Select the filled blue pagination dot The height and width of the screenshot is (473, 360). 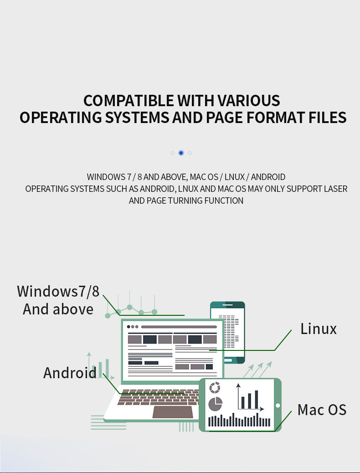181,153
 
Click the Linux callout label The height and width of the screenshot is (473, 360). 319,329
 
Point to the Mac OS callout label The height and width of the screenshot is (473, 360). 322,410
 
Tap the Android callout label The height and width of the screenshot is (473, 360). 70,373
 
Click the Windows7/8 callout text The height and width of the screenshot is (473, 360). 58,291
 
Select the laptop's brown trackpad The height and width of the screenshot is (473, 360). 173,412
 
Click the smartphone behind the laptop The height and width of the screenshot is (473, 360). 227,332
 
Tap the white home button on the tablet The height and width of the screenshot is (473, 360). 278,406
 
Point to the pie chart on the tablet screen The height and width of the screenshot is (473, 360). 215,404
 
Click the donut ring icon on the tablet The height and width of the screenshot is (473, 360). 215,388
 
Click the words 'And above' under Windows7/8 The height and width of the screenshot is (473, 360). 58,309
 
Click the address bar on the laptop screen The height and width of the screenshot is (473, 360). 179,327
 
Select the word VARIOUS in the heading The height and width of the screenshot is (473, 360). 248,100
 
